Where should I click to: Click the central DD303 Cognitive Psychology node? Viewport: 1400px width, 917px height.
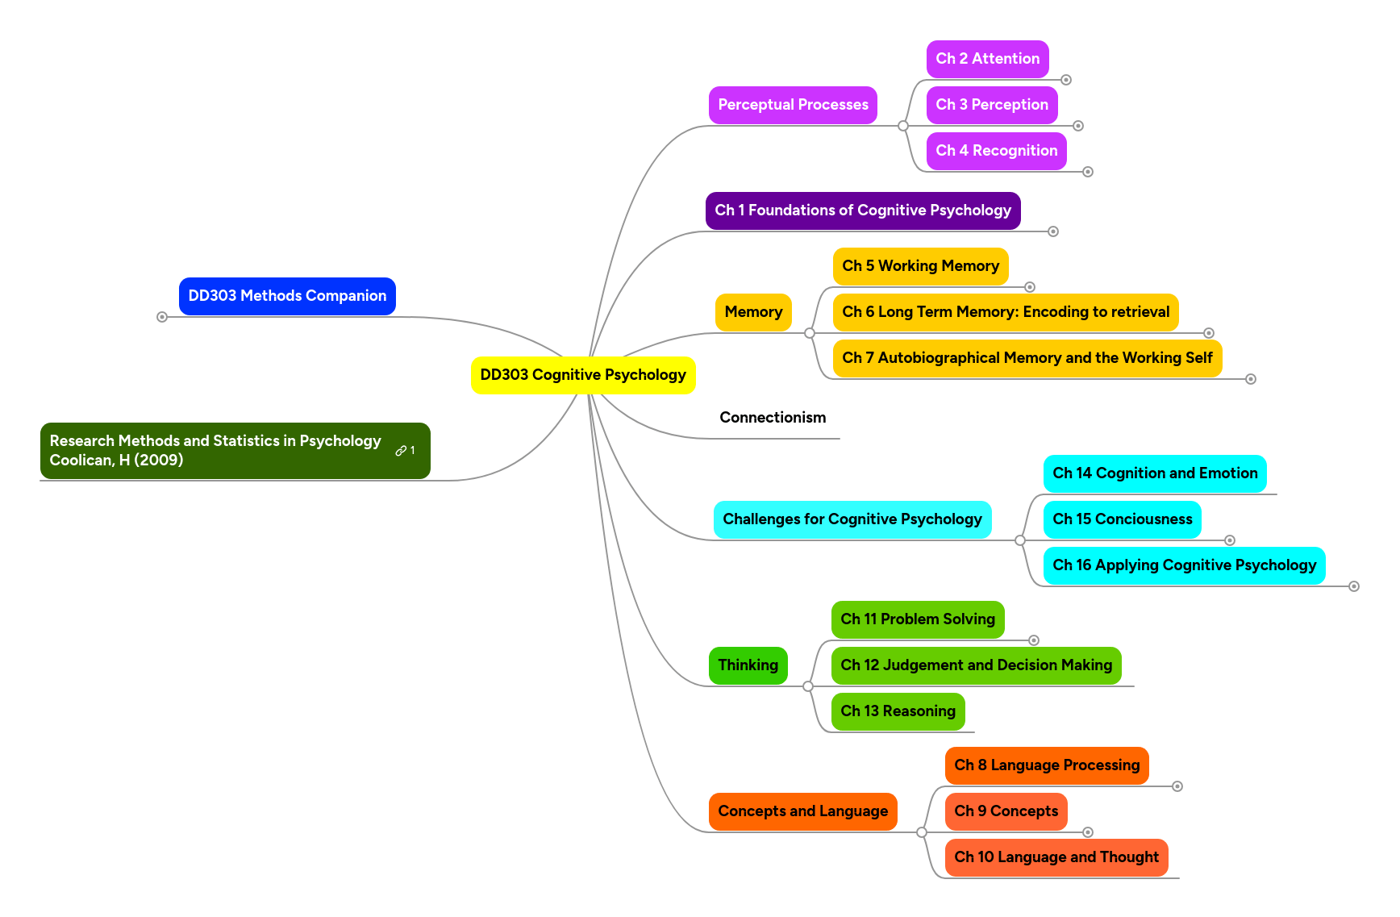pyautogui.click(x=582, y=375)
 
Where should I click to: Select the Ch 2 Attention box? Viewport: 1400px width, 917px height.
pyautogui.click(x=987, y=59)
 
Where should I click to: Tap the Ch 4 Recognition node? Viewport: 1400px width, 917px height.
pyautogui.click(x=996, y=151)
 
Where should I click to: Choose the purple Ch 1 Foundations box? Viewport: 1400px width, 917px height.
pyautogui.click(x=862, y=210)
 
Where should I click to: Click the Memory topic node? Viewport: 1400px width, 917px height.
pyautogui.click(x=753, y=312)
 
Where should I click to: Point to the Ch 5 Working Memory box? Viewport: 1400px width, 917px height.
pyautogui.click(x=920, y=266)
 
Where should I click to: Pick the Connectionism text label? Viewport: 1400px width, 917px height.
pyautogui.click(x=773, y=418)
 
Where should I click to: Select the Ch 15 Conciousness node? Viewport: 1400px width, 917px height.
pyautogui.click(x=1122, y=519)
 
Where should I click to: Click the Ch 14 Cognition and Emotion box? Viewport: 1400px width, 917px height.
pyautogui.click(x=1154, y=473)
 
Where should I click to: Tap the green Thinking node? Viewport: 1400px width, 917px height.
pyautogui.click(x=748, y=665)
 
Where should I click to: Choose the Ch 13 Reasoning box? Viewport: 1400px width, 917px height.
pyautogui.click(x=898, y=711)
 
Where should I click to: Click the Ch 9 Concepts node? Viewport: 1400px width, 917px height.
pyautogui.click(x=1006, y=811)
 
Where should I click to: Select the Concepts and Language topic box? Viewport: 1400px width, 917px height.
pyautogui.click(x=802, y=811)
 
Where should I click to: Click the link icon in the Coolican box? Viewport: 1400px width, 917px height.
pyautogui.click(x=401, y=451)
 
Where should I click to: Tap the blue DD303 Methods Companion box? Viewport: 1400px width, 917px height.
pyautogui.click(x=287, y=296)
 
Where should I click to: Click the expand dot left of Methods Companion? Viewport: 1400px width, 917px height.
pyautogui.click(x=162, y=317)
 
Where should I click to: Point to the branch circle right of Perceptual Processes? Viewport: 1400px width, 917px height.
pyautogui.click(x=903, y=126)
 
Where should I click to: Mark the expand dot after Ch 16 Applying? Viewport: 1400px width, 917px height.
pyautogui.click(x=1354, y=586)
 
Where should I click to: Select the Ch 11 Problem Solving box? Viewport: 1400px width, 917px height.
pyautogui.click(x=917, y=619)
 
